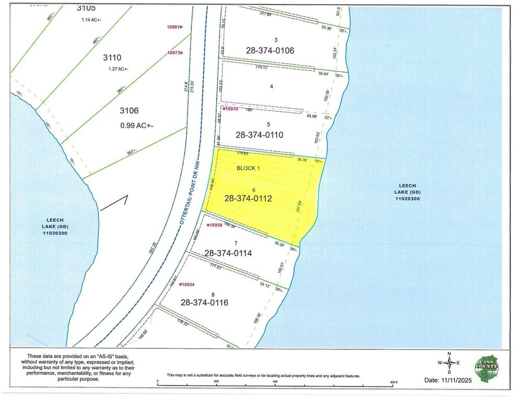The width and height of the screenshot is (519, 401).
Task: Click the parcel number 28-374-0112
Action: click(248, 198)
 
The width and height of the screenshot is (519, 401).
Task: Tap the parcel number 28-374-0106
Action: click(270, 51)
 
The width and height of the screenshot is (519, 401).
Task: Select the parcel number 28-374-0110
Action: click(259, 135)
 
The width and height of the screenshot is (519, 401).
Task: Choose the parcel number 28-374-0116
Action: click(205, 302)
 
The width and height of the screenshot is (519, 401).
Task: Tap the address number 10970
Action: click(230, 109)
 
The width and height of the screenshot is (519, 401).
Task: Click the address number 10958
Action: click(215, 225)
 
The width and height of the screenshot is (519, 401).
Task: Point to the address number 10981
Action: click(173, 27)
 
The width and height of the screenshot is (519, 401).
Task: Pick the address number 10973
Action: click(173, 53)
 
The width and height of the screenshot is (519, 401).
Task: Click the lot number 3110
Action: click(112, 58)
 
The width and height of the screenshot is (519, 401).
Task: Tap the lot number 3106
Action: click(129, 111)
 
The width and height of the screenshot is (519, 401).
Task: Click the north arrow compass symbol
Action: click(449, 363)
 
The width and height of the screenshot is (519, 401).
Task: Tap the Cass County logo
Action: click(487, 367)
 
